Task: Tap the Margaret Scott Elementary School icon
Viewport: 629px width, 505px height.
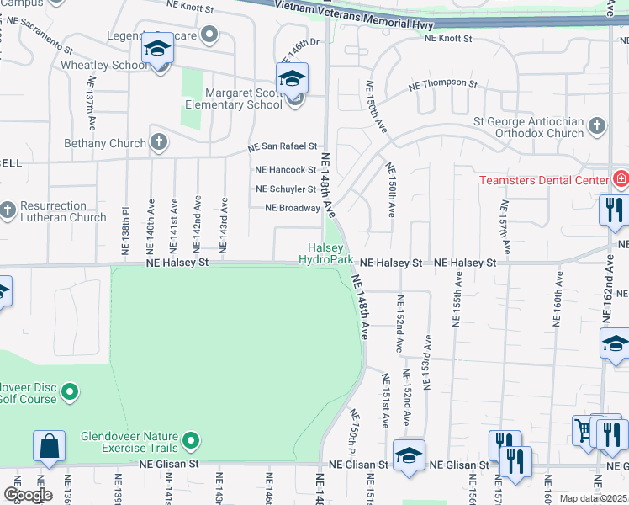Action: [292, 79]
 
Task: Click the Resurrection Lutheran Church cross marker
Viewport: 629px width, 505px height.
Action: [8, 210]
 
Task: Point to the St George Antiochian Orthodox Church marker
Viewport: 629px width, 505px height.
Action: [596, 126]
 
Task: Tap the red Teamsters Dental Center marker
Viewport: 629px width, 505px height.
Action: [621, 179]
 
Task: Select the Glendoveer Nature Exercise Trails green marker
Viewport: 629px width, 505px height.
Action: [191, 440]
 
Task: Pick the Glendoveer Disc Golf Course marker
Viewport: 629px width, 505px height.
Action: [70, 391]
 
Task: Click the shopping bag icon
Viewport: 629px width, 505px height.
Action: [49, 446]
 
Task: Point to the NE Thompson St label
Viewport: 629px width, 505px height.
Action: [442, 85]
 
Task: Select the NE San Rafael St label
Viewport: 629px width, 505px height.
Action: [283, 147]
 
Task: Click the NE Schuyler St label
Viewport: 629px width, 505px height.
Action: [286, 189]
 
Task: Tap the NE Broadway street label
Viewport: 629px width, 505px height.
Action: [293, 208]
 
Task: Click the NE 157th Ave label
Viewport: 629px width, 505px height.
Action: [504, 227]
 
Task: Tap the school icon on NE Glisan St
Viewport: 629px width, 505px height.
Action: [409, 455]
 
